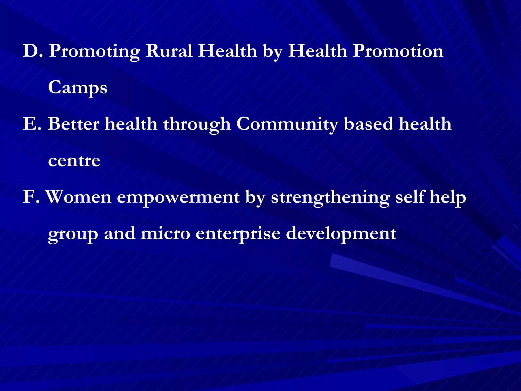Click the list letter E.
click(31, 124)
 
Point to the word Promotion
click(398, 51)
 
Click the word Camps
click(78, 88)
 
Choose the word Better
click(74, 124)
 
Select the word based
click(368, 124)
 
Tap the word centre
click(74, 161)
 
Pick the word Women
click(79, 197)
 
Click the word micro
click(165, 234)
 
